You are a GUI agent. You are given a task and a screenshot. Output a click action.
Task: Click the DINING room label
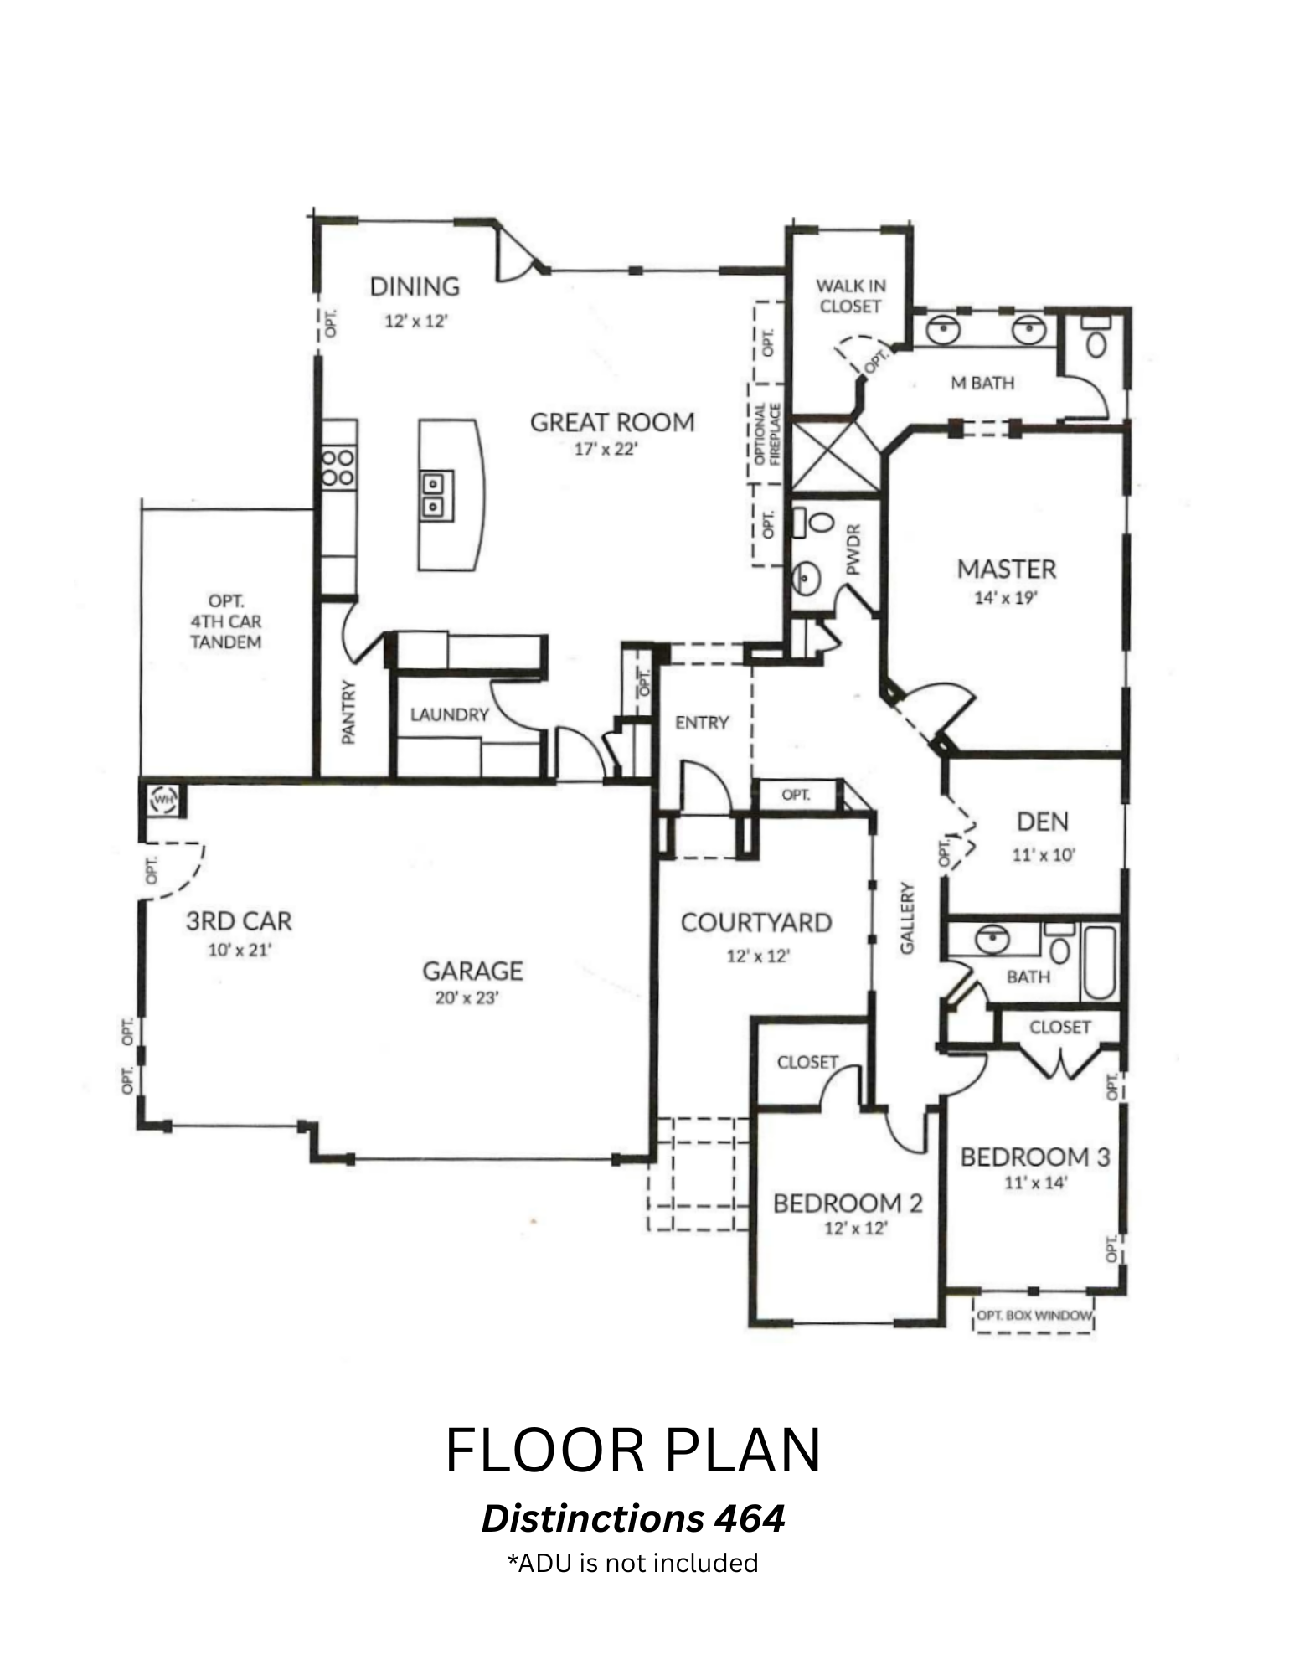click(x=415, y=286)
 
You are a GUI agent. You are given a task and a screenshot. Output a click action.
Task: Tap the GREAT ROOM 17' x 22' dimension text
click(x=606, y=449)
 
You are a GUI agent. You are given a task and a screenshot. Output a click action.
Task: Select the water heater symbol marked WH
click(x=162, y=801)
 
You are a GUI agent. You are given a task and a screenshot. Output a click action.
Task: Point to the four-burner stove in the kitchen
click(x=339, y=467)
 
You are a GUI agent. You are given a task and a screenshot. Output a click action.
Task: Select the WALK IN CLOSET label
click(x=851, y=296)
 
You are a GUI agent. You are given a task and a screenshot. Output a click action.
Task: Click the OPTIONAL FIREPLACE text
click(x=767, y=434)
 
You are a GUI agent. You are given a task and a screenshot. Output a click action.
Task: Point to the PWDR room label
click(x=853, y=549)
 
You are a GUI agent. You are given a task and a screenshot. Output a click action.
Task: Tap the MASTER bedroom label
click(x=1007, y=569)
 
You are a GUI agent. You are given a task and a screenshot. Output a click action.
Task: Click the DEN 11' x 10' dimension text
click(x=1044, y=855)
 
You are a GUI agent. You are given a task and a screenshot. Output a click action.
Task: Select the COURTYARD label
click(x=756, y=923)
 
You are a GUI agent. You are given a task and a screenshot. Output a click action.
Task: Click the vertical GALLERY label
click(x=908, y=918)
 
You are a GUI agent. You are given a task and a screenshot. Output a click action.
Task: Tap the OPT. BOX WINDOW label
click(x=1034, y=1315)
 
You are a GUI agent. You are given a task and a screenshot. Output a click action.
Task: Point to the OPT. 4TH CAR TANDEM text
click(x=226, y=621)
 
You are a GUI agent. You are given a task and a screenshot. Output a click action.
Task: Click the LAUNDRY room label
click(x=449, y=714)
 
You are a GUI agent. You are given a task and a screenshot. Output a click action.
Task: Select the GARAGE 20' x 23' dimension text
click(x=467, y=997)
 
